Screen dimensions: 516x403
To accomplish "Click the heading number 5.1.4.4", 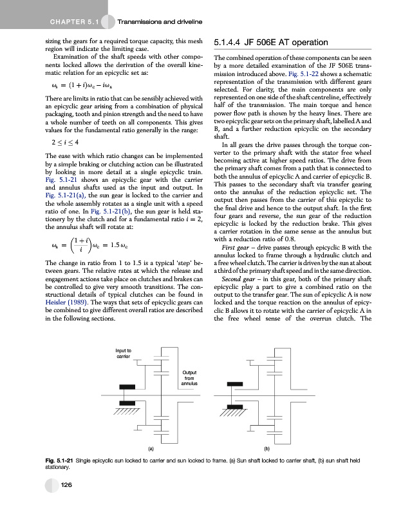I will point(229,44).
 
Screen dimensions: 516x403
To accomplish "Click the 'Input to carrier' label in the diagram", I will point(124,353).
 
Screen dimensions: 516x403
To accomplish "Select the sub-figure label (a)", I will point(151,446).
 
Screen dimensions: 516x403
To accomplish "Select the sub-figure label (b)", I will point(266,446).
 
